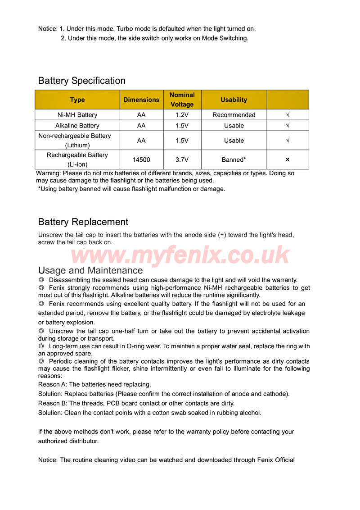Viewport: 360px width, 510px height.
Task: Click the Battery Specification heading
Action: tap(82, 81)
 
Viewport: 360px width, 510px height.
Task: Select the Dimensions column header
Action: tap(141, 100)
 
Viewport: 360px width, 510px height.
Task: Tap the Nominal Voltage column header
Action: tap(182, 100)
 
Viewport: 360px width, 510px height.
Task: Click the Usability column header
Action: tap(234, 100)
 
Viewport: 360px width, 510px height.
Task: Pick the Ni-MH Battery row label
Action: tap(77, 115)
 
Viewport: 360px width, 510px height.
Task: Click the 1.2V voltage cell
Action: tap(182, 115)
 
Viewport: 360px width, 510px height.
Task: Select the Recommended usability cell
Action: tap(234, 115)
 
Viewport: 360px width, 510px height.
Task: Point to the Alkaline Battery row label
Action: tap(77, 126)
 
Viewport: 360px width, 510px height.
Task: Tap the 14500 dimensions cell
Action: tap(141, 159)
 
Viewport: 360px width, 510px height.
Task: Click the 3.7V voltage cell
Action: tap(182, 159)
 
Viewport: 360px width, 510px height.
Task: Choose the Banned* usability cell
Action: tap(234, 159)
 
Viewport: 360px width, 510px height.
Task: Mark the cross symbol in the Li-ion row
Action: tap(288, 159)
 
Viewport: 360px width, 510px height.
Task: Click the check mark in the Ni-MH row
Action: tap(288, 115)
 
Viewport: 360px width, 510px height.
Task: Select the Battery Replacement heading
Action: tap(83, 222)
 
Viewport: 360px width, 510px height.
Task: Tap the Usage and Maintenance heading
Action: tap(90, 270)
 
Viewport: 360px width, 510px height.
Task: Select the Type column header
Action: tap(77, 100)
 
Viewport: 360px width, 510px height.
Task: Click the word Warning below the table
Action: tap(48, 173)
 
